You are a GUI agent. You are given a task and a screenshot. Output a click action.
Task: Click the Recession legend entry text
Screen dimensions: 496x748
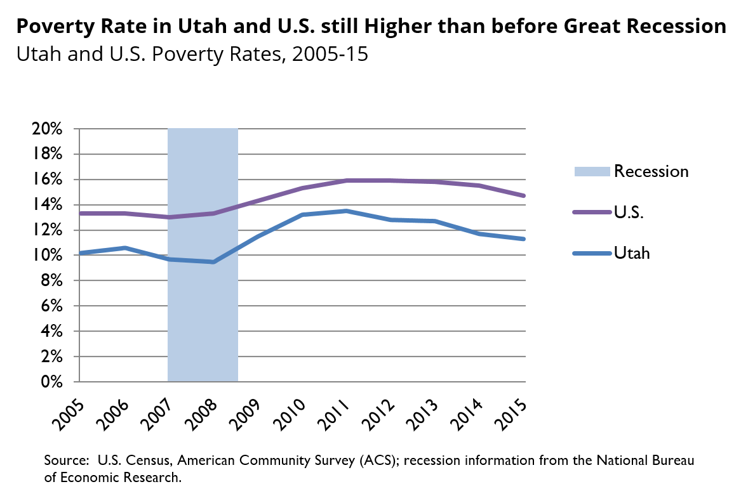point(651,171)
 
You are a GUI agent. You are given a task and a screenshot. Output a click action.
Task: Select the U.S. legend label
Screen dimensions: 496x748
point(629,212)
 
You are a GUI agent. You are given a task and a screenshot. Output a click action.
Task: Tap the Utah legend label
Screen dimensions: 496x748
point(632,254)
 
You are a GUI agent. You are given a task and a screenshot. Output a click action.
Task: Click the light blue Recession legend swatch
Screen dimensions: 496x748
point(591,171)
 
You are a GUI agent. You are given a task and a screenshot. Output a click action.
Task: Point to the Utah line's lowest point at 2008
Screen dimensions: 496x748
point(213,262)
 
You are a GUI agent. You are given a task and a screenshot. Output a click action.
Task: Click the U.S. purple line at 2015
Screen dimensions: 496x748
point(524,196)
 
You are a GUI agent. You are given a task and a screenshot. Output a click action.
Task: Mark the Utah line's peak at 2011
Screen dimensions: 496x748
point(347,211)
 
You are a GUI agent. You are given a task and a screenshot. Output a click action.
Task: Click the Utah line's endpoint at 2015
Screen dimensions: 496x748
point(524,239)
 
